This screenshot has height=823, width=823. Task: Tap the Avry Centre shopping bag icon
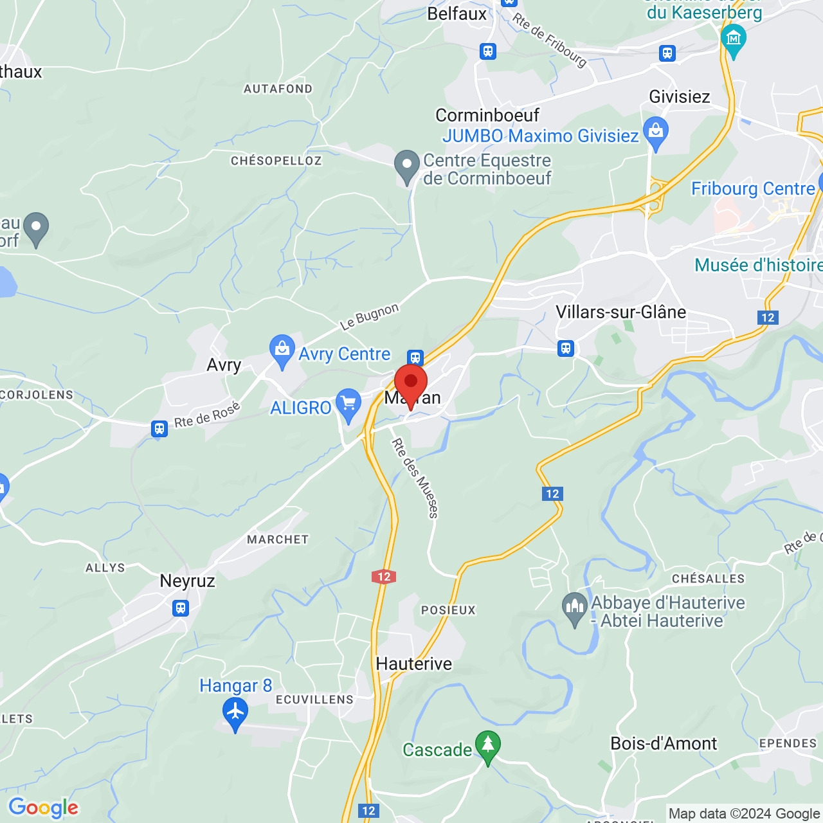tap(282, 350)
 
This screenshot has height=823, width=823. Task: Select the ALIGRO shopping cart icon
tap(348, 405)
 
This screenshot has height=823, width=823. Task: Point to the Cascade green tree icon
tap(487, 746)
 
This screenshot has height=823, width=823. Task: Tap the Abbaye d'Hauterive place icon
tap(574, 608)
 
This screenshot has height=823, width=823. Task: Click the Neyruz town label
tap(187, 581)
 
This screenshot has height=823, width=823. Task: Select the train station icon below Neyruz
tap(181, 608)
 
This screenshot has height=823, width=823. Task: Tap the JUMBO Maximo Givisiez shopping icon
tap(656, 133)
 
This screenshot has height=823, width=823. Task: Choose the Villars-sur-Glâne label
tap(620, 312)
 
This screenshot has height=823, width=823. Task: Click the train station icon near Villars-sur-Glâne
tap(566, 348)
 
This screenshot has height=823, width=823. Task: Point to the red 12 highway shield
tap(384, 577)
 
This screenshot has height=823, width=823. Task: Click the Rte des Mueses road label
tap(415, 478)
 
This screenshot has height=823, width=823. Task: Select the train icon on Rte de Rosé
tap(159, 429)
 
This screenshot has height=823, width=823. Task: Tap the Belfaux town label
tap(457, 14)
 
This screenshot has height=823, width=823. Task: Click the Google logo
tap(43, 808)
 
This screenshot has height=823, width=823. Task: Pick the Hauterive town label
tap(413, 664)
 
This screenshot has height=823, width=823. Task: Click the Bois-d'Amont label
tap(663, 744)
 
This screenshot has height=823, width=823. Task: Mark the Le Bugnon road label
tap(370, 316)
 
